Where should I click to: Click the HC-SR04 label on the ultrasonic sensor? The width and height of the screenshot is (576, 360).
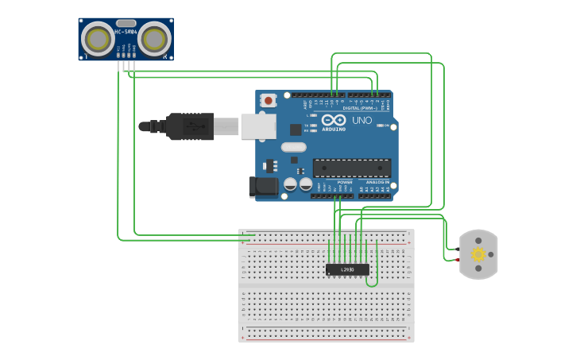tap(126, 32)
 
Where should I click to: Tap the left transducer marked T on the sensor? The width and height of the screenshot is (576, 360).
tap(98, 38)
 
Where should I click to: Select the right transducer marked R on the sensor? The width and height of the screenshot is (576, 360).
tap(155, 38)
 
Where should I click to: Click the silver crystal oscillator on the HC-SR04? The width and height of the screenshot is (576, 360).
tap(126, 23)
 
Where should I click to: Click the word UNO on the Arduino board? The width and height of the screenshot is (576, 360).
tap(362, 120)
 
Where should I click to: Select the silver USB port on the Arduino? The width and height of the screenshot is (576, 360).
tap(258, 126)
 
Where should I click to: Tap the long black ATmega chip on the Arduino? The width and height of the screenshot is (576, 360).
tap(351, 168)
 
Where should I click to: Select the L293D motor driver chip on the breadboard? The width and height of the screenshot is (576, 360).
tap(347, 270)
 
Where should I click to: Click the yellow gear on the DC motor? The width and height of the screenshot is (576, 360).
tap(478, 254)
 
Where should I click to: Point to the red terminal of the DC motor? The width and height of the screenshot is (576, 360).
tap(458, 260)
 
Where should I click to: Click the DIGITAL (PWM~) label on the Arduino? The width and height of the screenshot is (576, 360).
tap(362, 107)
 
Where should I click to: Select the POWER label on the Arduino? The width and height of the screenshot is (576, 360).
tap(345, 181)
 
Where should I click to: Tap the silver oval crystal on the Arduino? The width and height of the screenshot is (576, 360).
tap(293, 146)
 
